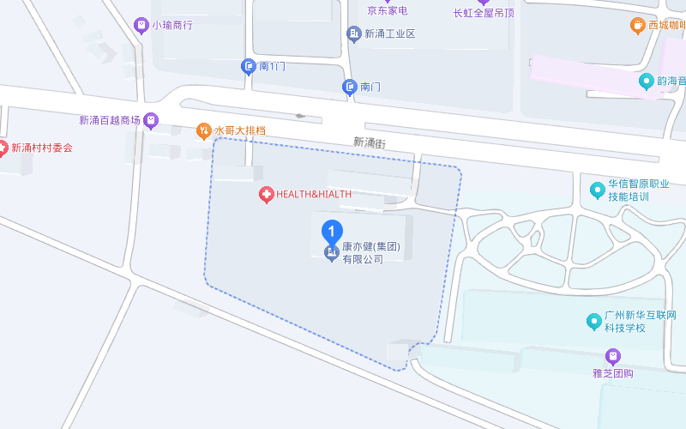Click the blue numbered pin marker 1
point(332,232)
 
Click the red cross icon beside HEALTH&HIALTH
point(267,195)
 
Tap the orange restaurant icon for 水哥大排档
point(204,131)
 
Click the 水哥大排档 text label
point(240,131)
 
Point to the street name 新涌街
point(370,142)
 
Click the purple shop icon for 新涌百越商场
point(152,120)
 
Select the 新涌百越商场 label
point(109,121)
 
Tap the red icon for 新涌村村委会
point(3,148)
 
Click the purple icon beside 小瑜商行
point(141,25)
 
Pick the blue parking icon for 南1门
point(249,66)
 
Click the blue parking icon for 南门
point(350,87)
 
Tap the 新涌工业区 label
point(389,34)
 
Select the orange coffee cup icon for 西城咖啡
point(637,26)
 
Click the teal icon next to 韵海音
point(647,82)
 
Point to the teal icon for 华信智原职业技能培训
point(597,190)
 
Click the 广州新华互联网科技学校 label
point(640,321)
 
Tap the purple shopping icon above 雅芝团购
point(612,355)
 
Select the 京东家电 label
point(387,11)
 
